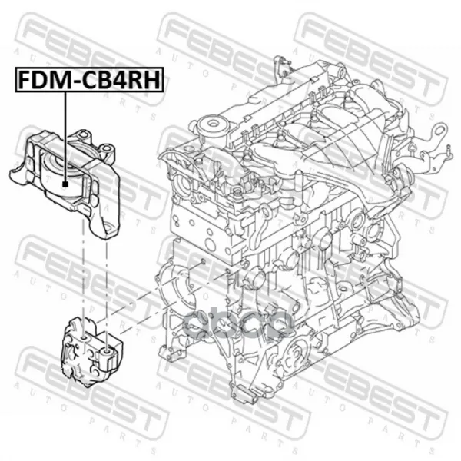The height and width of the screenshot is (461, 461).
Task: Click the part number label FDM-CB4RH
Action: [89, 80]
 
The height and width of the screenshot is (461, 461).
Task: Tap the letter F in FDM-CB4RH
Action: [25, 80]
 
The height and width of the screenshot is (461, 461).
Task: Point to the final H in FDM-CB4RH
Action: [153, 80]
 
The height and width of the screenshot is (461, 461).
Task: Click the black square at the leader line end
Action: [65, 184]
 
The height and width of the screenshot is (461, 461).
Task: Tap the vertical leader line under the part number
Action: [65, 137]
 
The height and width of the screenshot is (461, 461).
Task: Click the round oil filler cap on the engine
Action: [211, 125]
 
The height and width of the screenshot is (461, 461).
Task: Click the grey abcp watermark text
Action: [238, 323]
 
